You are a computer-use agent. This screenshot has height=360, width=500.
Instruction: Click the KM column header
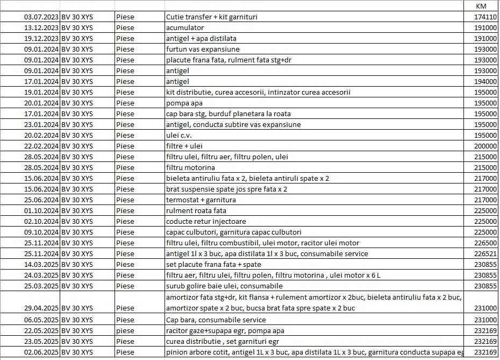click(482, 6)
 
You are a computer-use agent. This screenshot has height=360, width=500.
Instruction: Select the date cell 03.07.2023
click(41, 17)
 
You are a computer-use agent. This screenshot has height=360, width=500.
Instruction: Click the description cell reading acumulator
click(185, 27)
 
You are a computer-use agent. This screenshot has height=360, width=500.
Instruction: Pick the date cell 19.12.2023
click(41, 38)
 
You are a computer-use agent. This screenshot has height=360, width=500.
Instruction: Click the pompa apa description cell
click(184, 103)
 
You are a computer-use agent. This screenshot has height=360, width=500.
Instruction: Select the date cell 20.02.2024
click(41, 135)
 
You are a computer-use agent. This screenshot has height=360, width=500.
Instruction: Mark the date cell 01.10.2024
click(41, 210)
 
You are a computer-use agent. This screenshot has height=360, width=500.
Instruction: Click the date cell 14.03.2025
click(41, 264)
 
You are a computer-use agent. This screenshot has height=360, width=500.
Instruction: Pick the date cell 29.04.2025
click(41, 308)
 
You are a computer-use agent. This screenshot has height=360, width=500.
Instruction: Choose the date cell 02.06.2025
click(41, 352)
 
